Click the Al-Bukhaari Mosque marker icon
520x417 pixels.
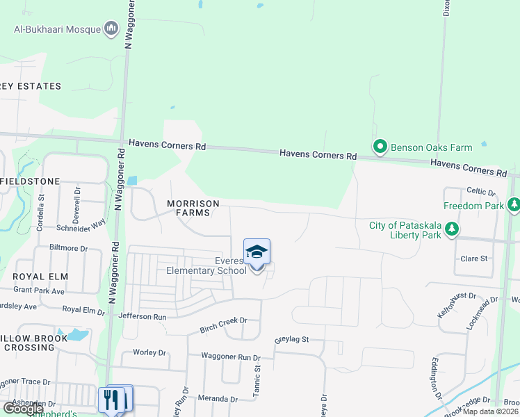point(111,28)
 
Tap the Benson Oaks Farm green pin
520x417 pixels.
point(380,147)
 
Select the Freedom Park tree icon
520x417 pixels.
point(514,205)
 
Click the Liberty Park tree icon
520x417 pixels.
point(452,229)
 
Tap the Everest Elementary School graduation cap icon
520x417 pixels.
point(257,252)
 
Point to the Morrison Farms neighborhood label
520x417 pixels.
point(193,208)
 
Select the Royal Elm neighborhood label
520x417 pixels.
point(39,276)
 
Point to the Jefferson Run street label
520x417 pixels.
point(143,316)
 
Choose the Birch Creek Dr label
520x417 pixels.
point(224,320)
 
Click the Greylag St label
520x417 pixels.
point(291,341)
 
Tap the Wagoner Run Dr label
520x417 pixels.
point(230,357)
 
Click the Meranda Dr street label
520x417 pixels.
point(218,399)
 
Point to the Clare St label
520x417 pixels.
point(473,259)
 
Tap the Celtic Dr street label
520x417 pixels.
point(481,192)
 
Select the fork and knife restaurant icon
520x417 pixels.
point(111,399)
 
